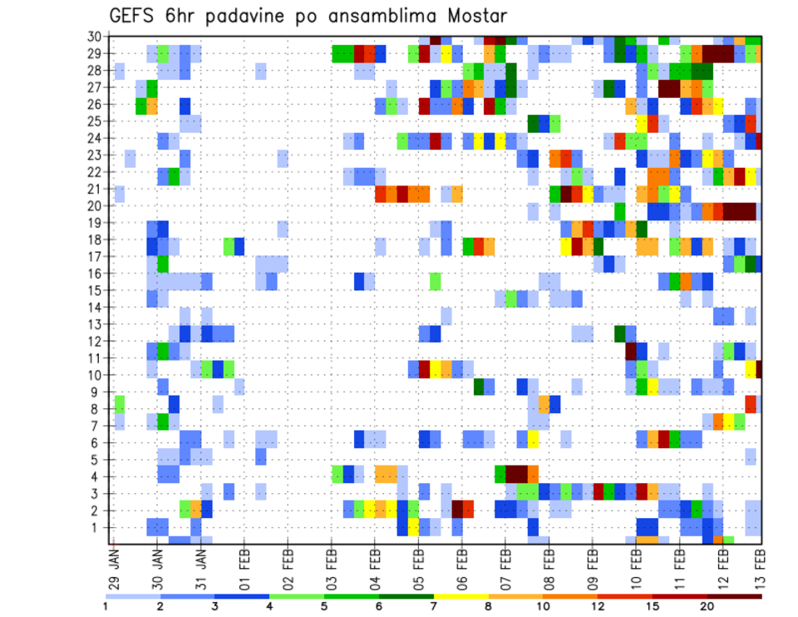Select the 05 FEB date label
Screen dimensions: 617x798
[x=419, y=565]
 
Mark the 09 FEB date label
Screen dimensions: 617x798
[x=593, y=565]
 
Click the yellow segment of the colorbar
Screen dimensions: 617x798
[x=461, y=596]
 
